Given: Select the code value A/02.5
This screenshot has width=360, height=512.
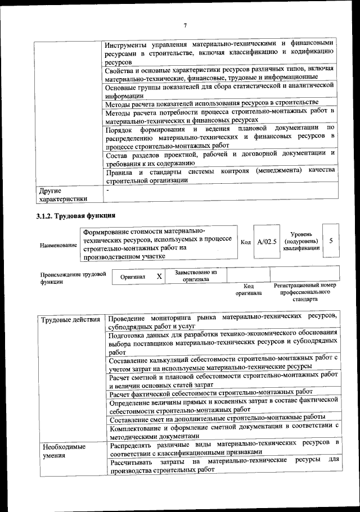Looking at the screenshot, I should click(x=267, y=242).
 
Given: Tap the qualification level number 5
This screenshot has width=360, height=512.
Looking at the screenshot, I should click(x=331, y=241).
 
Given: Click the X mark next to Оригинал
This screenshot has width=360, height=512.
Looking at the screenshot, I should click(x=159, y=277).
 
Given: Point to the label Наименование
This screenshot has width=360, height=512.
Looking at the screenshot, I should click(x=58, y=246).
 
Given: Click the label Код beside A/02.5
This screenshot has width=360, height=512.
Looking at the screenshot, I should click(x=246, y=242).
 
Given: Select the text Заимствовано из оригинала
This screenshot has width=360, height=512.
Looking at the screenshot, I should click(x=196, y=275).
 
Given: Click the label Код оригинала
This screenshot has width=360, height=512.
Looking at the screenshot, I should click(x=249, y=289).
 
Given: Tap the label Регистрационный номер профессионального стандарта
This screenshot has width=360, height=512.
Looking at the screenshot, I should click(x=305, y=292).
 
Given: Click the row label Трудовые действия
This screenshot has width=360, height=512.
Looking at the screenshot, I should click(x=71, y=320).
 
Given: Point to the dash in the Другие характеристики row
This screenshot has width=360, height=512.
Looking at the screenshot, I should click(x=108, y=191).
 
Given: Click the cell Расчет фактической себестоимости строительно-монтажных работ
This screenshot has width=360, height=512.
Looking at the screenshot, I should click(x=211, y=392).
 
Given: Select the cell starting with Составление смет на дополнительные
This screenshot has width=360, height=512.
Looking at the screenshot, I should click(x=217, y=418).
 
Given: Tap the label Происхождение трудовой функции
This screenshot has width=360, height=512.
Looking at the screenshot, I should click(x=73, y=278).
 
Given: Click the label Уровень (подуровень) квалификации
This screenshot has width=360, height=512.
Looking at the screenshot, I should click(x=301, y=241).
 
